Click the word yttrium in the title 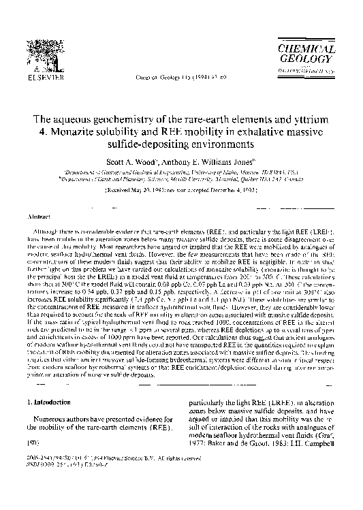point(312,119)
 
